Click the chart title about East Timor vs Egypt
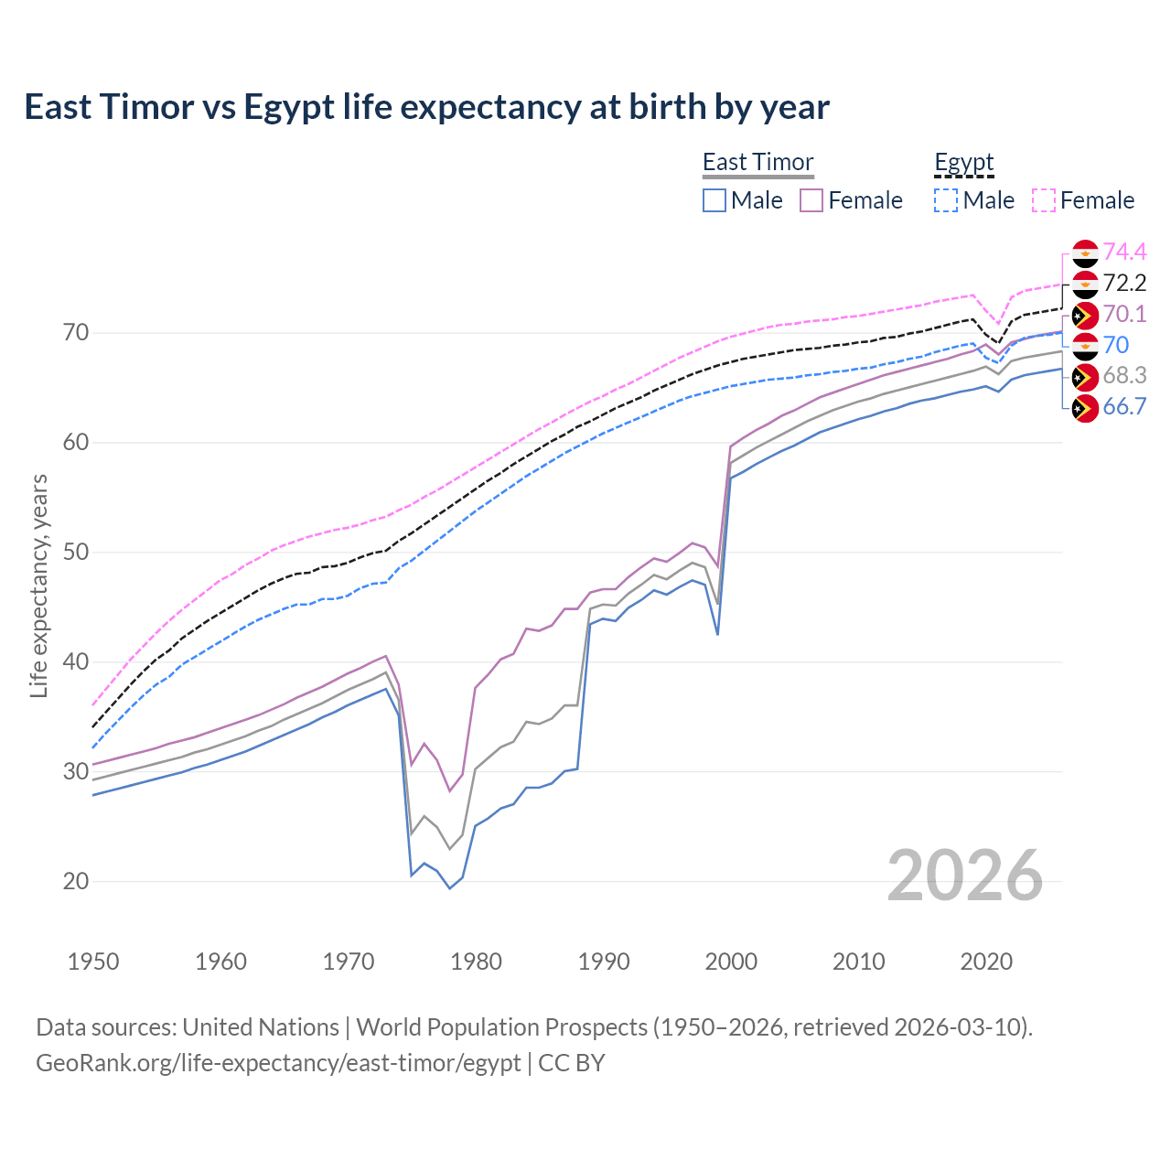tap(426, 107)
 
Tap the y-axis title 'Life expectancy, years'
tap(38, 585)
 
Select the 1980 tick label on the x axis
tap(476, 962)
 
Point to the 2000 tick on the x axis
tap(731, 962)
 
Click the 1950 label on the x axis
tap(93, 962)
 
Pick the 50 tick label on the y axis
tap(76, 553)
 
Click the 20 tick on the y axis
tap(76, 882)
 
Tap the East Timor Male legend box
tap(714, 200)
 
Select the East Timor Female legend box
tap(811, 200)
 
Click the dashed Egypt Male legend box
tap(946, 200)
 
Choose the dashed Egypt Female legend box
tap(1044, 200)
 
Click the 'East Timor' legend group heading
tap(757, 162)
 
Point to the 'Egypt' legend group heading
tap(963, 162)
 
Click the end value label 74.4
tap(1124, 252)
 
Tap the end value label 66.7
tap(1124, 407)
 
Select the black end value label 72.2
tap(1124, 284)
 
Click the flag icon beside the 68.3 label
tap(1085, 377)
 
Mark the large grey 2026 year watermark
tap(964, 876)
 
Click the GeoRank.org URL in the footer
tap(278, 1063)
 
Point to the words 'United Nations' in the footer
tap(261, 1027)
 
